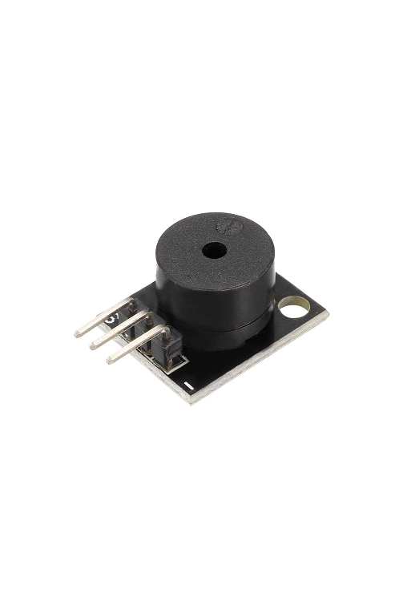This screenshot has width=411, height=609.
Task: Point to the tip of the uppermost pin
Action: coord(78,331)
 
